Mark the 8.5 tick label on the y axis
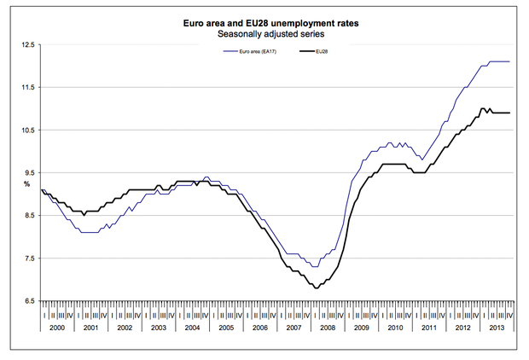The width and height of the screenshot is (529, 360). click(x=28, y=216)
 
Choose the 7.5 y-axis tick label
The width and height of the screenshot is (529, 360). click(x=28, y=258)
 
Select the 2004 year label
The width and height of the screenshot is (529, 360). click(x=191, y=327)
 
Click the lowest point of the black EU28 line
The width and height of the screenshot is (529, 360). click(x=317, y=288)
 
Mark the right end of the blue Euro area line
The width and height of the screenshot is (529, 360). click(x=509, y=61)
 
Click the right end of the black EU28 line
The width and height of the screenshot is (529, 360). click(x=509, y=113)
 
